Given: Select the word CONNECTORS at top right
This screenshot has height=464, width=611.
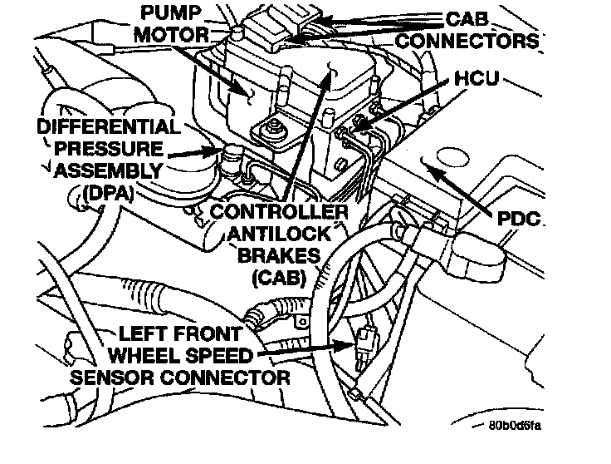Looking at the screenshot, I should point(481,39).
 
